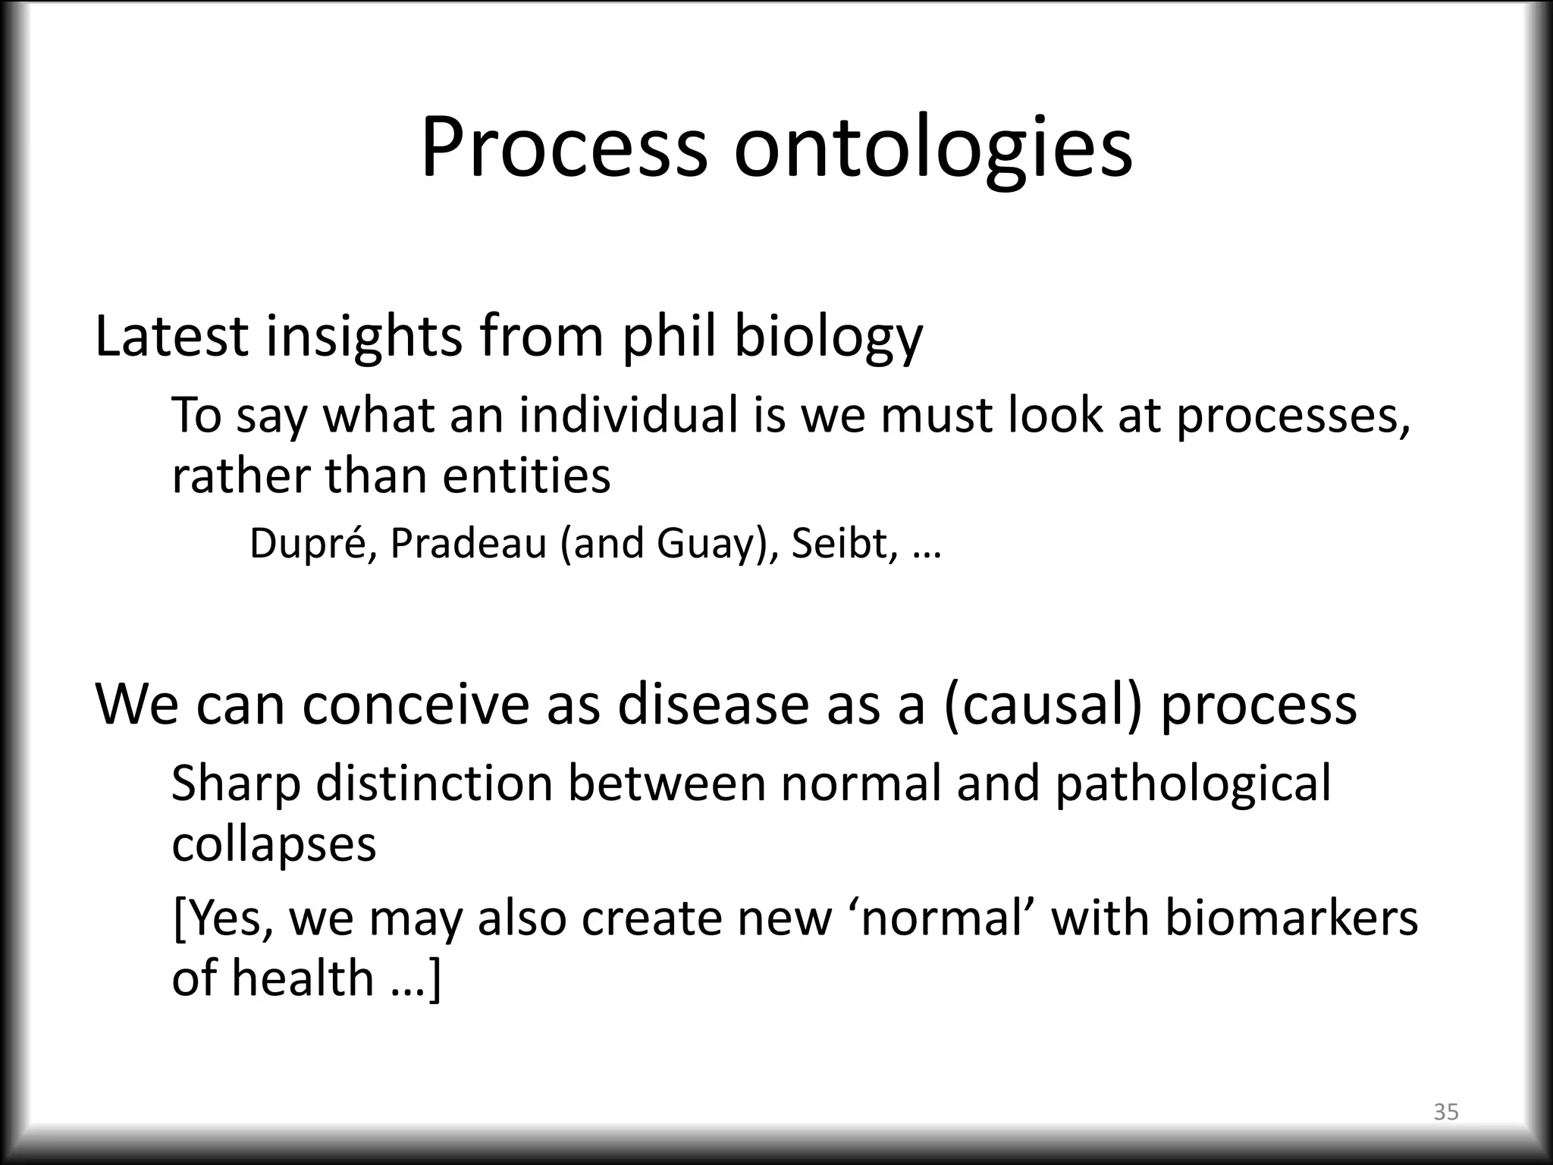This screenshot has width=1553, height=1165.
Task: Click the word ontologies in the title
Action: (x=933, y=148)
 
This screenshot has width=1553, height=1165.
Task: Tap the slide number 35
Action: (x=1446, y=1112)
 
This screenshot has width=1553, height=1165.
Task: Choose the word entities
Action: (x=526, y=476)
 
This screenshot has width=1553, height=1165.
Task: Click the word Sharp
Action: (x=236, y=784)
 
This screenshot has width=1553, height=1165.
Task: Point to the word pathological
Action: (x=1192, y=784)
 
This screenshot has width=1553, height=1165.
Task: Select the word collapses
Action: (x=274, y=843)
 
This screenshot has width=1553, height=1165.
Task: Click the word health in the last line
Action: (x=303, y=978)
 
